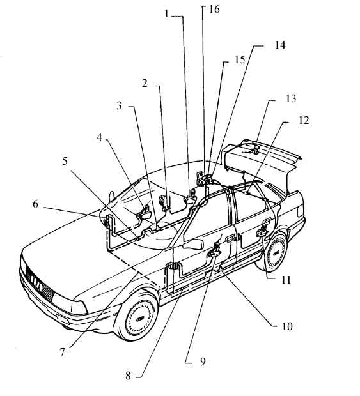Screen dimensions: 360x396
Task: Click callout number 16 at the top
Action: [214, 10]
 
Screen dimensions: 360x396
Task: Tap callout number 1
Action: [166, 13]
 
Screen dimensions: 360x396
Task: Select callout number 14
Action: [280, 45]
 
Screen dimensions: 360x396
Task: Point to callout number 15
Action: [240, 60]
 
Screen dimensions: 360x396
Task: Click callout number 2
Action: [145, 83]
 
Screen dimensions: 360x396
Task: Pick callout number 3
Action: [119, 105]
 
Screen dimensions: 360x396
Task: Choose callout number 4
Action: [99, 137]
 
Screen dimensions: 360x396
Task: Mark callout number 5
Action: [65, 161]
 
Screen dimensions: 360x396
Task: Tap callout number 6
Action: [35, 204]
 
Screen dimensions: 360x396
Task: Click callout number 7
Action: [63, 352]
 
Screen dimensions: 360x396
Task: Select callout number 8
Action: [128, 376]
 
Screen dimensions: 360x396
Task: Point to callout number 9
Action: [203, 362]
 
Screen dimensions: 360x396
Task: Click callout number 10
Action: [287, 326]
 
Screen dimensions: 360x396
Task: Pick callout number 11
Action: [286, 280]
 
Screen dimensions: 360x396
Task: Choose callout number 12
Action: [304, 120]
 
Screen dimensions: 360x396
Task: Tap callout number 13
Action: [291, 98]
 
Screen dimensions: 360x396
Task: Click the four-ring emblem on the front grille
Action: [37, 284]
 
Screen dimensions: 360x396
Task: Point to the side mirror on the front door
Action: [194, 244]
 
